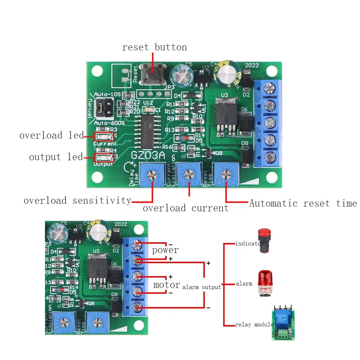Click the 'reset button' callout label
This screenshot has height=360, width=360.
154,47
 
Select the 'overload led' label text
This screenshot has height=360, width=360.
51,136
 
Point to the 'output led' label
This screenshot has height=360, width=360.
56,157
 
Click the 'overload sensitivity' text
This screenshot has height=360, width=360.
77,201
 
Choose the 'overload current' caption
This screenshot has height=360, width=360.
185,208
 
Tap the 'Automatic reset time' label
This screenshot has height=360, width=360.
303,203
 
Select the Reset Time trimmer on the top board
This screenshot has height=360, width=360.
226,174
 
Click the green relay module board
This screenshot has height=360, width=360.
285,323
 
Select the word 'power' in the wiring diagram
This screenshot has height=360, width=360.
165,250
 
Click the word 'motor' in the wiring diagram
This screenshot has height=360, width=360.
167,285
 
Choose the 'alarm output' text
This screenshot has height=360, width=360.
202,287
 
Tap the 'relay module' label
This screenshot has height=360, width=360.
254,325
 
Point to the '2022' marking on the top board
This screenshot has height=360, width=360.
252,66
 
